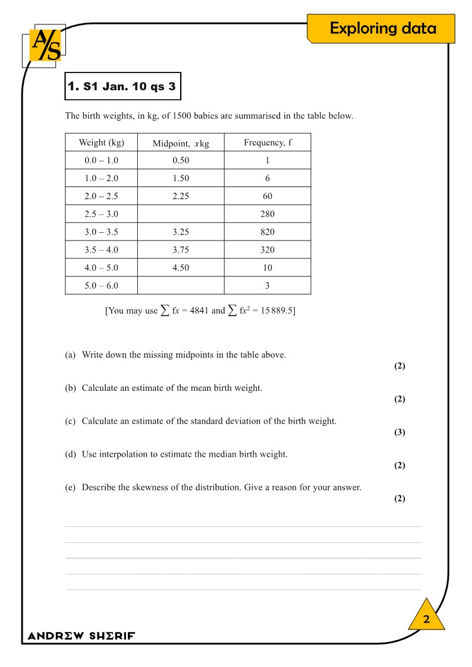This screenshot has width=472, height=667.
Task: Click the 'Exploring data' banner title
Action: (x=383, y=29)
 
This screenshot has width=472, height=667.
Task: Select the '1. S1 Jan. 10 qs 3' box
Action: (x=122, y=86)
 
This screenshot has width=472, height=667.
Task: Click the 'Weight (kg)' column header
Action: (x=101, y=143)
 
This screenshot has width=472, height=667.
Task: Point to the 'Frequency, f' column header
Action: (x=268, y=143)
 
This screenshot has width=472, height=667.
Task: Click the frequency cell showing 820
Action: (x=268, y=232)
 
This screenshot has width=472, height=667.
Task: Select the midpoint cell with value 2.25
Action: (x=181, y=196)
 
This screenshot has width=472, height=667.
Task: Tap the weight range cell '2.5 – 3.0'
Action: (x=101, y=214)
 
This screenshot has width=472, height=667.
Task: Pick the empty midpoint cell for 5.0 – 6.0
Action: (x=181, y=285)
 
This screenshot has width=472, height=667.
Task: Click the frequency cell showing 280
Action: (x=268, y=214)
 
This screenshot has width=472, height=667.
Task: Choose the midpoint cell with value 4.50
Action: (x=181, y=267)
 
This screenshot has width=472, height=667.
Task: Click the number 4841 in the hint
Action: (x=199, y=311)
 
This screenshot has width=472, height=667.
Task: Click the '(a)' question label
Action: (x=70, y=355)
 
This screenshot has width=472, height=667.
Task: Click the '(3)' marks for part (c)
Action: (x=399, y=432)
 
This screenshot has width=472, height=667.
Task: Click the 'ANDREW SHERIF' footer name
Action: (x=81, y=636)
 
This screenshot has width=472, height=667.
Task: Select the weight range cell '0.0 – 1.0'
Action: (x=101, y=160)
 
